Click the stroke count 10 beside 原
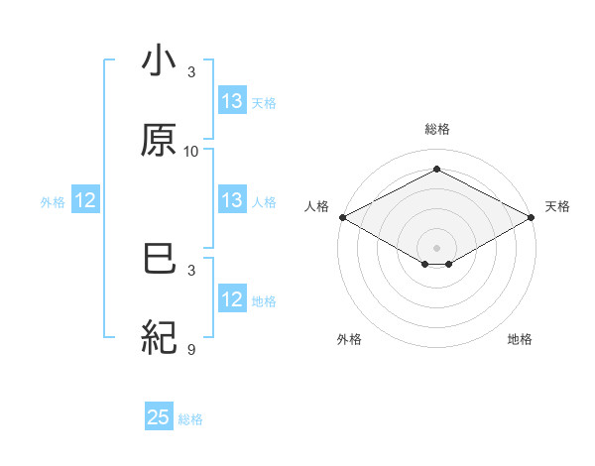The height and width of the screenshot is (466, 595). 191,151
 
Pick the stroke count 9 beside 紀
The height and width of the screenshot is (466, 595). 191,349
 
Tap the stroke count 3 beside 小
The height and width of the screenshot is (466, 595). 191,71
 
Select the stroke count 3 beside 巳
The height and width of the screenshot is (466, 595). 191,270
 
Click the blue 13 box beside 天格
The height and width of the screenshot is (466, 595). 232,100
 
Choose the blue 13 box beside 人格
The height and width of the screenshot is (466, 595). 232,200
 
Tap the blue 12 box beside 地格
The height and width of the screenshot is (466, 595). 232,299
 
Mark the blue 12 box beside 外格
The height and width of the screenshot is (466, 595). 85,200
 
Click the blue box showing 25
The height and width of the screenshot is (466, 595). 159,417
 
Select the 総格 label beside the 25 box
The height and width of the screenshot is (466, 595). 190,419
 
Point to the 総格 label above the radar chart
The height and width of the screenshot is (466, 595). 437,129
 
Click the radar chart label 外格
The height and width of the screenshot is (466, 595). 349,339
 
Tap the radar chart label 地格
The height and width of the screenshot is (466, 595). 520,339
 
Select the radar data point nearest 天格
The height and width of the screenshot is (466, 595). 533,217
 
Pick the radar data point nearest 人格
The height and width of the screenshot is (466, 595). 341,217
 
